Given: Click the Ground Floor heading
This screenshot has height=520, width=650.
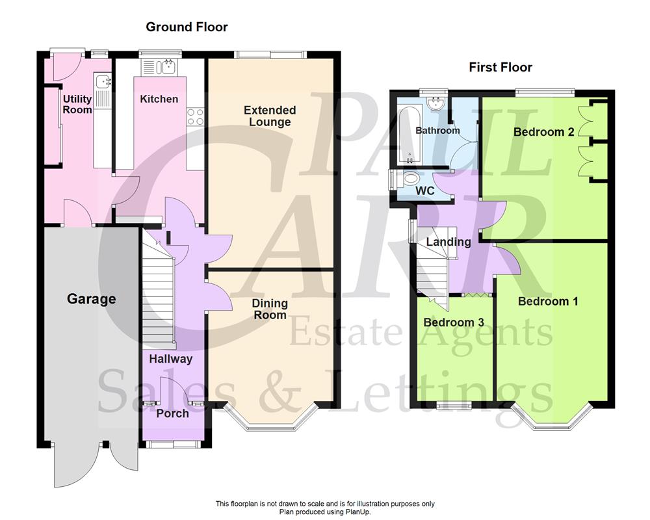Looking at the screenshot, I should coord(187,27).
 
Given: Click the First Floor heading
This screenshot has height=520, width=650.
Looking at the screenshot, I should coord(500,68).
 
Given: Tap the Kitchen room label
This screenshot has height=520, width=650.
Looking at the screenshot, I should coord(159,99).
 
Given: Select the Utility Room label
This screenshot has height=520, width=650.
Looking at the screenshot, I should coord(77,105).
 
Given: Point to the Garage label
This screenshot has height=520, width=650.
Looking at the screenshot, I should coord(92,299).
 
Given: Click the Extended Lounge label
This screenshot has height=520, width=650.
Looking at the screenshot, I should coord(270,116).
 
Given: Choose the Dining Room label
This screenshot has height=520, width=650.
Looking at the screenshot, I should coord(270,309).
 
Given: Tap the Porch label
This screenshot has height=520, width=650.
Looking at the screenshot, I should coord(173,413).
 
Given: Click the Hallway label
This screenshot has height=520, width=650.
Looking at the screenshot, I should coord(171,359).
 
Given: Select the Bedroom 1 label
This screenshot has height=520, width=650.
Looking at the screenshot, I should coord(548,302).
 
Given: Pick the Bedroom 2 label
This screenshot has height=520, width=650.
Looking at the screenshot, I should coord(543,132).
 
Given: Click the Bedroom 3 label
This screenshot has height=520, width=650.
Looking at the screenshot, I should coord(454,322).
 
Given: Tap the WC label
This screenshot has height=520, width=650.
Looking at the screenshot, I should coord(424,191).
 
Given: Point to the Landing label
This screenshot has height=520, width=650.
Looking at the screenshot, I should coord(448,242).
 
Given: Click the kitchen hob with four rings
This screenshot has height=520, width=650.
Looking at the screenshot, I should coord(195,116).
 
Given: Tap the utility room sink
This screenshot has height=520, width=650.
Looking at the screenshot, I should coord(102,81).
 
